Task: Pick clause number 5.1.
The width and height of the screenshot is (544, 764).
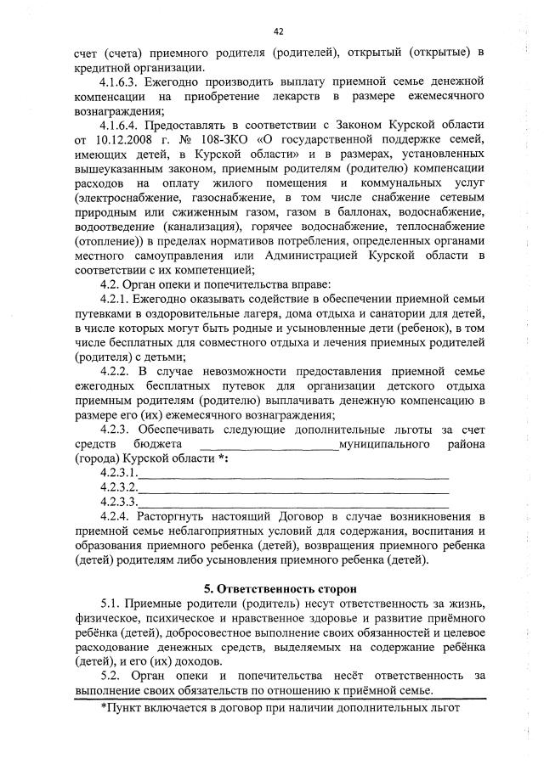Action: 111,602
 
